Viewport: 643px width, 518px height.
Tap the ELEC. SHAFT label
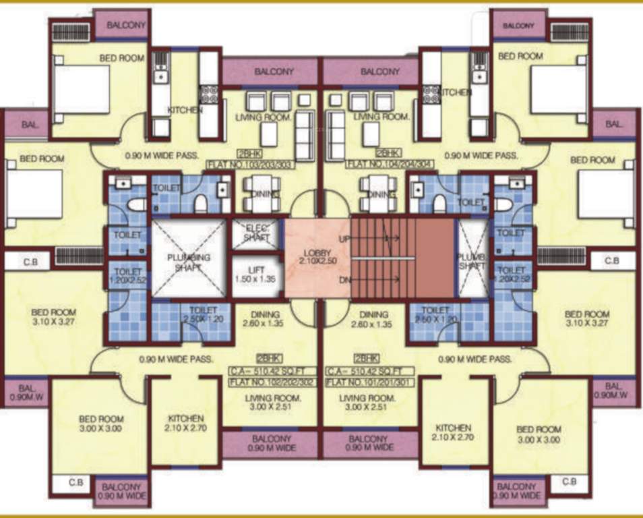pyautogui.click(x=257, y=232)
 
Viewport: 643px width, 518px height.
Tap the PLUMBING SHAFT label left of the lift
pyautogui.click(x=189, y=262)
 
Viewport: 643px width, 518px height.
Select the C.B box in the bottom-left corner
pyautogui.click(x=75, y=482)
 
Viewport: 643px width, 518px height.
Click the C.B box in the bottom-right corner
pyautogui.click(x=569, y=482)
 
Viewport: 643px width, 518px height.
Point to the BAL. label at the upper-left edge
pyautogui.click(x=30, y=125)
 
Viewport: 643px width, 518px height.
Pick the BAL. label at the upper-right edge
pyautogui.click(x=613, y=124)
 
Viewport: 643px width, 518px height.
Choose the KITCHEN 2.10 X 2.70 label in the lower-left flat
pyautogui.click(x=183, y=423)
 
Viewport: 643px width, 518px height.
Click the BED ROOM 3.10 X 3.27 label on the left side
pyautogui.click(x=53, y=317)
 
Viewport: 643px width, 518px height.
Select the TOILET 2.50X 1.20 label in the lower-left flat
pyautogui.click(x=202, y=315)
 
